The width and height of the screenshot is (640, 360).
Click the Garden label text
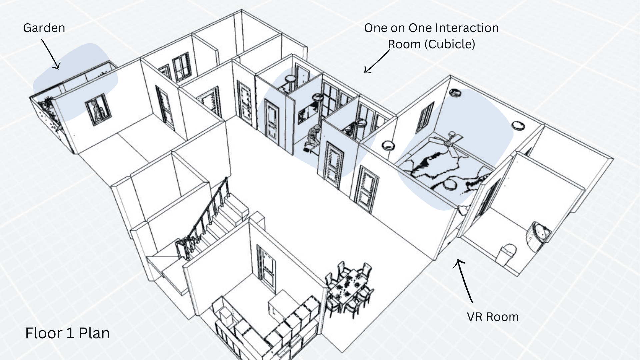[44, 28]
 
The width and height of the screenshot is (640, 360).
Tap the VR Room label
[493, 317]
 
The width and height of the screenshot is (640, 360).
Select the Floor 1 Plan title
[67, 333]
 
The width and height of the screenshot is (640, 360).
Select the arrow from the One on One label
[377, 61]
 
